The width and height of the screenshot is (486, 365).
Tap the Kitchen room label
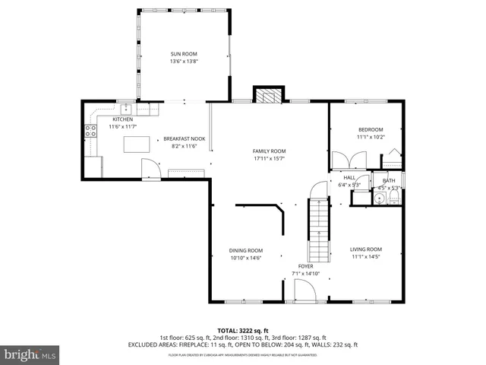(123, 119)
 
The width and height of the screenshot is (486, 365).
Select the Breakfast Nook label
(180, 138)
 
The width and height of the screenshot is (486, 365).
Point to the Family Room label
(269, 151)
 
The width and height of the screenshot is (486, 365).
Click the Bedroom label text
(371, 129)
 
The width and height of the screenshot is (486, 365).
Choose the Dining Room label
(246, 250)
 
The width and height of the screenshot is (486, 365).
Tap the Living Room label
(365, 249)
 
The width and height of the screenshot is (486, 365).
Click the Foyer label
(305, 266)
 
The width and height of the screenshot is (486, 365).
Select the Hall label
(349, 177)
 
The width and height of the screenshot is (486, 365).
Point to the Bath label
(389, 180)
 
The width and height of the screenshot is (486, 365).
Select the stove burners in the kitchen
(90, 131)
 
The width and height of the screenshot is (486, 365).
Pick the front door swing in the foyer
(304, 290)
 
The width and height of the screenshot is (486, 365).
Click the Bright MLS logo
(30, 354)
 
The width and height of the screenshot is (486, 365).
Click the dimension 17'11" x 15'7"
(269, 159)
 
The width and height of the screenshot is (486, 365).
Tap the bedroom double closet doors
(353, 160)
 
